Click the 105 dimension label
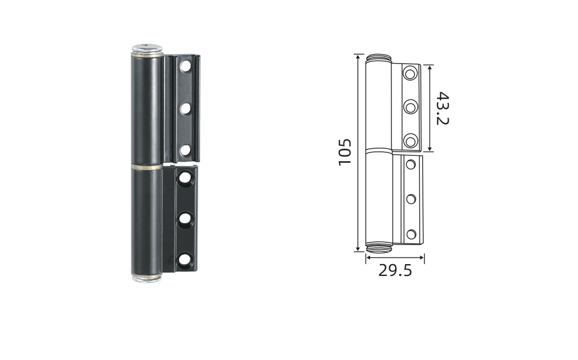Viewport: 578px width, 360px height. point(345,152)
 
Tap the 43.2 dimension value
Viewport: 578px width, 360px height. point(442,108)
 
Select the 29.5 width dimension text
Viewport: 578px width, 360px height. point(395,271)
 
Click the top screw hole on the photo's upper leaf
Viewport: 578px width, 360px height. point(185,66)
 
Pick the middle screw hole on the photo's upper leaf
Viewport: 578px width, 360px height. point(185,108)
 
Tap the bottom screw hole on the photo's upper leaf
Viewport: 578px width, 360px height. point(185,150)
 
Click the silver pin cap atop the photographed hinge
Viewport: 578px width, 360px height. point(148,49)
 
